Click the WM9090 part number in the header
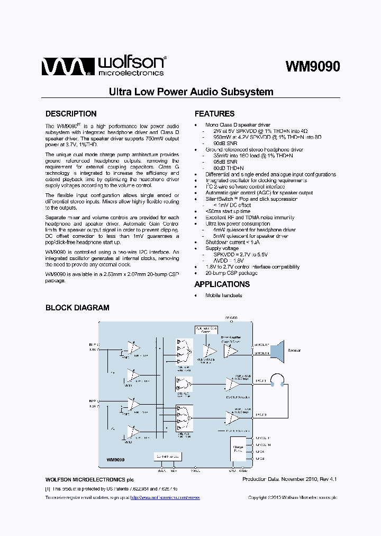click(x=312, y=67)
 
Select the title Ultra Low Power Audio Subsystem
click(x=191, y=92)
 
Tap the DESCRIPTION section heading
click(x=71, y=114)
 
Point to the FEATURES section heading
click(x=214, y=114)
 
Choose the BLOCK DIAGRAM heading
click(x=77, y=308)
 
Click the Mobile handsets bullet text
click(x=223, y=295)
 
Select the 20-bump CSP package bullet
click(x=231, y=273)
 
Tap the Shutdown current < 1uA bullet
click(x=233, y=242)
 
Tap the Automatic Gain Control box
click(x=206, y=330)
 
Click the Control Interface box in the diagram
click(x=167, y=456)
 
